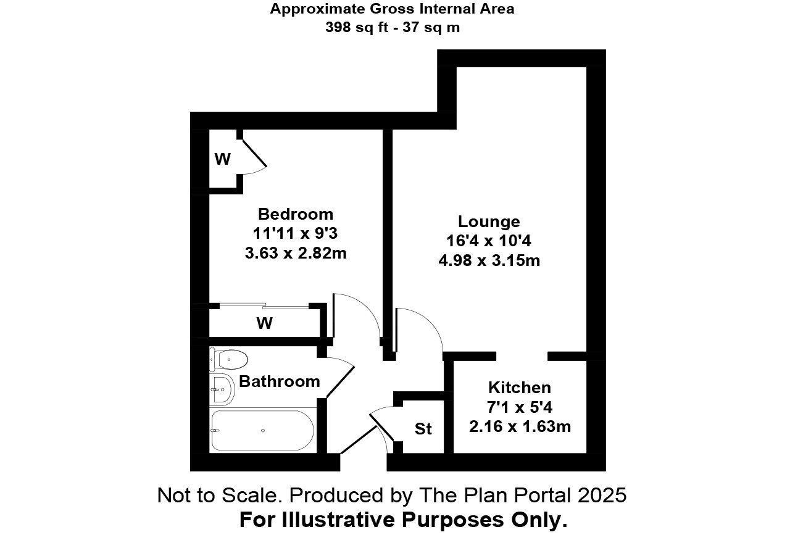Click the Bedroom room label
[x=295, y=214]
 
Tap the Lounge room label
[x=489, y=222]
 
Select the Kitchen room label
[x=519, y=388]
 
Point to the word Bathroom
[x=280, y=381]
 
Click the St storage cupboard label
[x=423, y=429]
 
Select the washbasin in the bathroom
[x=222, y=389]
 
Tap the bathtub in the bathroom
[x=262, y=430]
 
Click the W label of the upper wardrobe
[x=222, y=159]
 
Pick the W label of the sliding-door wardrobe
[x=265, y=323]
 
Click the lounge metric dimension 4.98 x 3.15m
[x=489, y=260]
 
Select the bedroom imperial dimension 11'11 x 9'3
[x=296, y=234]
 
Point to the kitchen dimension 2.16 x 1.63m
[x=520, y=426]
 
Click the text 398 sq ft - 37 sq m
[x=393, y=27]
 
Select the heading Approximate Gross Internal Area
[x=393, y=9]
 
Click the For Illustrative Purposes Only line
[x=403, y=520]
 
